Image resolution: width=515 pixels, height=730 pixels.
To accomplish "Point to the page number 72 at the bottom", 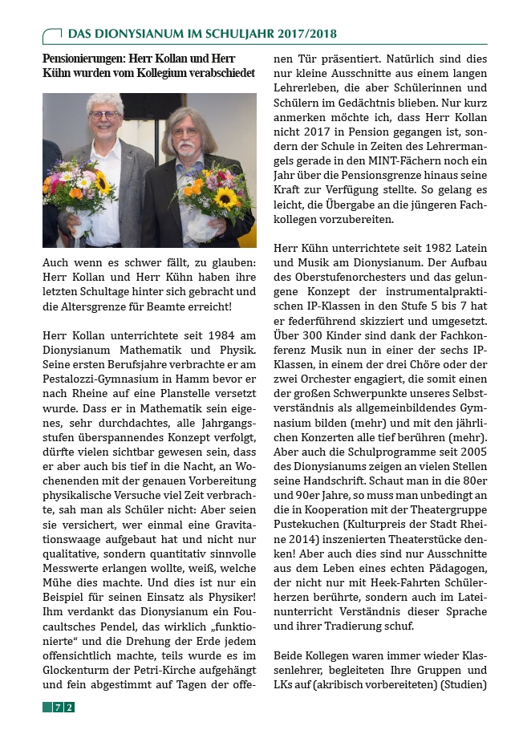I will tap(63, 707).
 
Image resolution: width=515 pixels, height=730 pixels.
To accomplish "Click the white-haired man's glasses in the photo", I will tap(104, 115).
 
